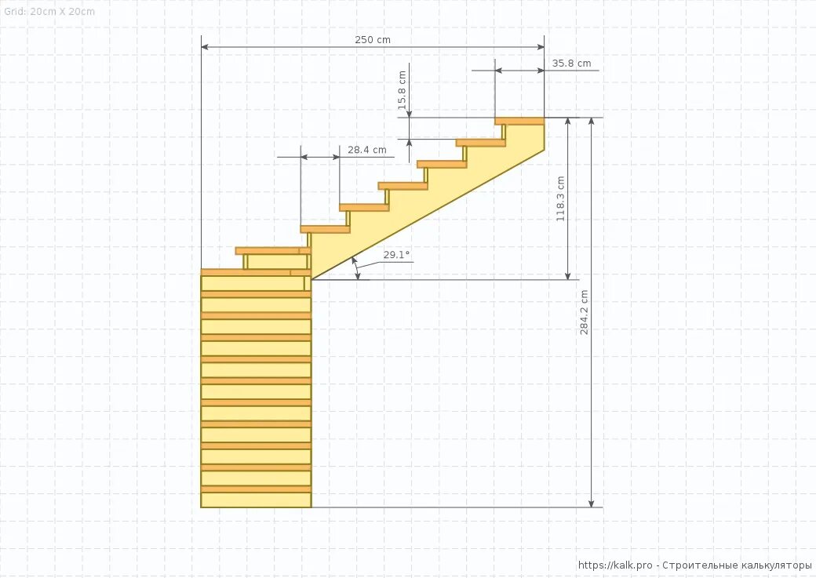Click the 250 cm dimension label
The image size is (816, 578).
coord(373,40)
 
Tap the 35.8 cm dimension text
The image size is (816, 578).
coord(571,64)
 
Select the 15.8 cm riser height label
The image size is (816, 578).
coord(403,89)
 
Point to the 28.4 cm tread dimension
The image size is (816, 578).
coord(367,150)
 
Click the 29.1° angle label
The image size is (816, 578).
coord(396,255)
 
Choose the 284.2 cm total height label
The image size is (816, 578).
coord(584,313)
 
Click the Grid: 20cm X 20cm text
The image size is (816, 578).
coord(49,12)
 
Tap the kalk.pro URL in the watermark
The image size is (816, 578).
coord(615,565)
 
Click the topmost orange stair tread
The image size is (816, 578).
coord(519,121)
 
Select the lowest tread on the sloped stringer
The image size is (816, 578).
coord(325,229)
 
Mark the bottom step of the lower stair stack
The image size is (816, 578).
coord(256,499)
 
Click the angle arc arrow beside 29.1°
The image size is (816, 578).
coord(357,267)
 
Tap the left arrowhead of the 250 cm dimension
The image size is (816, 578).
coord(205,47)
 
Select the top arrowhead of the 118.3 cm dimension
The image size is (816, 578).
coord(568,122)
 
